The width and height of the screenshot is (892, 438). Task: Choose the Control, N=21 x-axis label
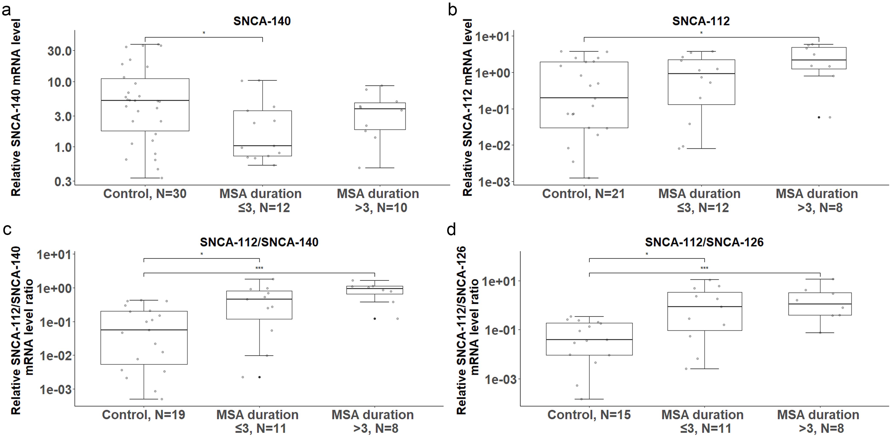click(x=584, y=193)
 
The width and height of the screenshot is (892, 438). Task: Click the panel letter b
click(x=452, y=10)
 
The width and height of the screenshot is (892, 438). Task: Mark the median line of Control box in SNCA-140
click(x=145, y=100)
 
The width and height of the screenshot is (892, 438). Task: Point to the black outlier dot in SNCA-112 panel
click(x=819, y=117)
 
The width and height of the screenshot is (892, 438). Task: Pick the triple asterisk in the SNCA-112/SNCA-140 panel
click(x=259, y=268)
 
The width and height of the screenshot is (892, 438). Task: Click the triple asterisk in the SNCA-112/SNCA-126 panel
click(x=704, y=268)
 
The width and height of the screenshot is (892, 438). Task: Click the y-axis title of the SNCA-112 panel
click(x=467, y=107)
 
